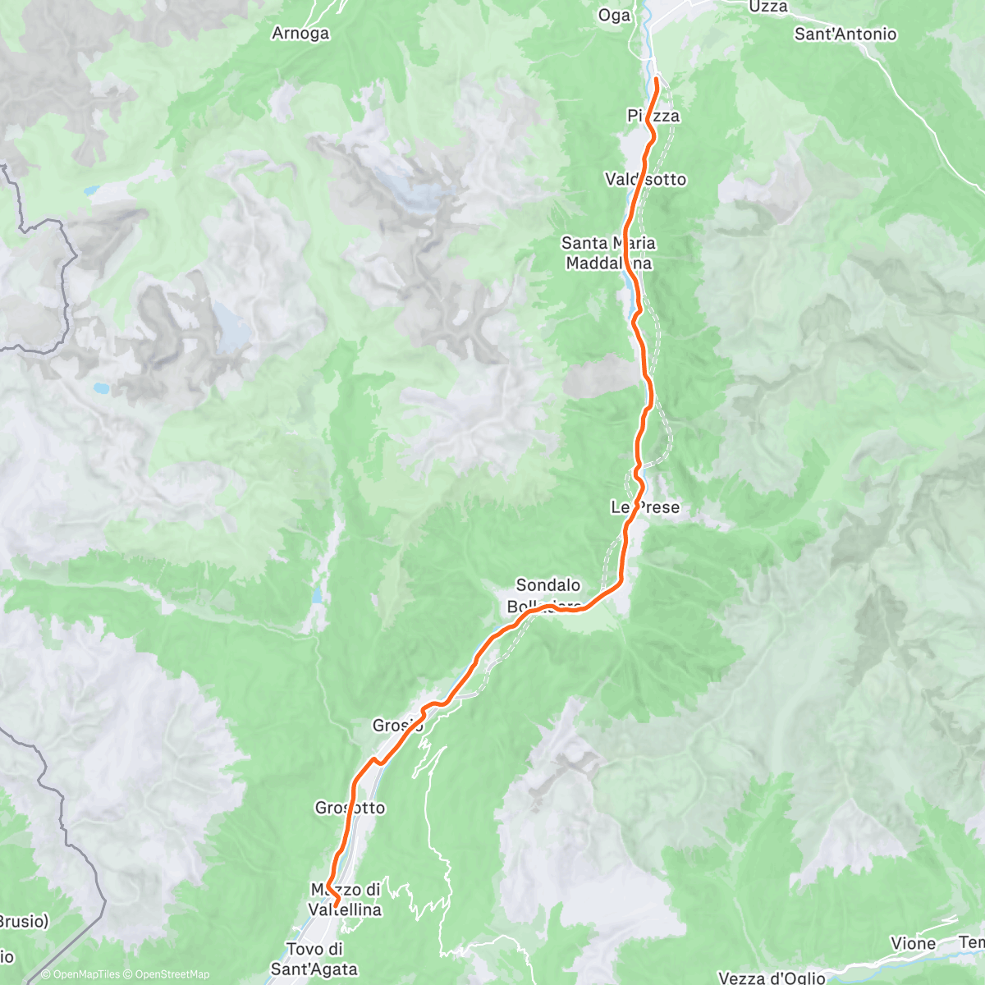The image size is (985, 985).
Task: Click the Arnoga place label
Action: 300,34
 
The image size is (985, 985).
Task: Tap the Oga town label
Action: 614,16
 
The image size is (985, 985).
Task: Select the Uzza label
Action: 767,7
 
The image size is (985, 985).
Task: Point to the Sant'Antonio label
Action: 845,34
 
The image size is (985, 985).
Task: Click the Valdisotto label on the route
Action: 645,179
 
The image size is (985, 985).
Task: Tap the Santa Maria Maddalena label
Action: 608,253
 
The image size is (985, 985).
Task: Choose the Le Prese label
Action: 645,507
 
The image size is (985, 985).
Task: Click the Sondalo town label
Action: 547,585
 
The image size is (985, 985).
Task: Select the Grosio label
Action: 397,726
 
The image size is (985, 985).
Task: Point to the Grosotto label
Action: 350,808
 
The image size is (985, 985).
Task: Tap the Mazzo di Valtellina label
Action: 345,900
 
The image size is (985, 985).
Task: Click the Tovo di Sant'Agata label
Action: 314,959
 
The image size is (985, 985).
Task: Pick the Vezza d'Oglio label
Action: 772,978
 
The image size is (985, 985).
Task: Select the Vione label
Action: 913,944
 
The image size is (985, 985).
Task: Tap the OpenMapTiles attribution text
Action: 85,974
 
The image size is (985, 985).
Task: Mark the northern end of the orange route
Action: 657,79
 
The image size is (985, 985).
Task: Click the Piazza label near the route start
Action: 653,116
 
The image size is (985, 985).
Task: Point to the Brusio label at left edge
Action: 23,922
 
